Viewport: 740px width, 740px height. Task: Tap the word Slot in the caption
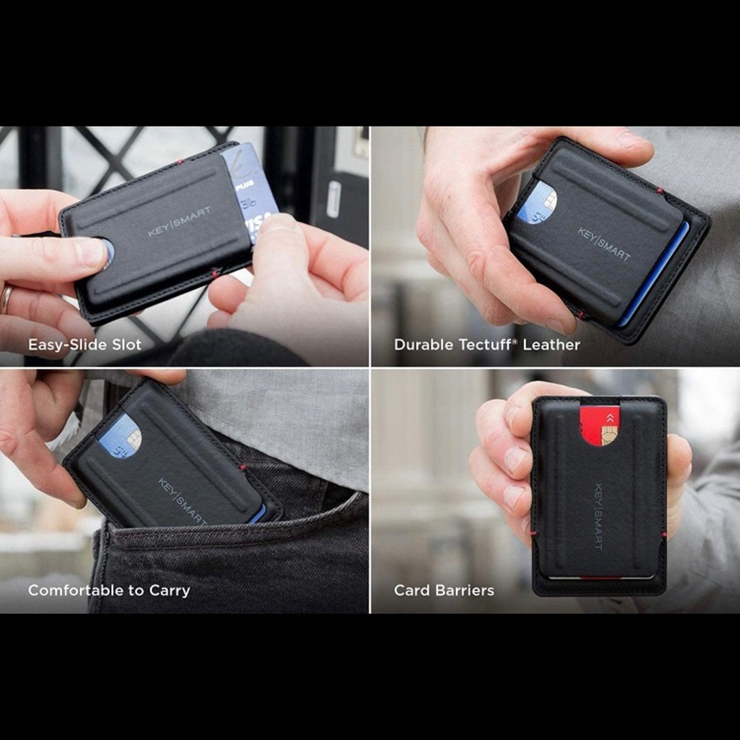point(125,345)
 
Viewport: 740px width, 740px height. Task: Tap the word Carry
point(169,591)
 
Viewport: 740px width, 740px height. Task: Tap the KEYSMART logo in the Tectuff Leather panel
point(604,243)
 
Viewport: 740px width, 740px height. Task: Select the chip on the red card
point(609,436)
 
